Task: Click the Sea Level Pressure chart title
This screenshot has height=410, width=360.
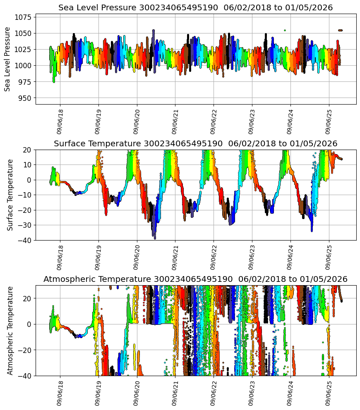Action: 195,8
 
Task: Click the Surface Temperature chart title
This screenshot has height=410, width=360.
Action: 195,143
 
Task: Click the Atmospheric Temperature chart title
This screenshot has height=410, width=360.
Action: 195,279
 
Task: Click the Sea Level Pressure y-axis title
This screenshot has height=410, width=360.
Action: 7,59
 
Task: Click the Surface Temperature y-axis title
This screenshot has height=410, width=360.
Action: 10,195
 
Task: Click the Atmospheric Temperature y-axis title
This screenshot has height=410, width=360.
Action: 10,330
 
